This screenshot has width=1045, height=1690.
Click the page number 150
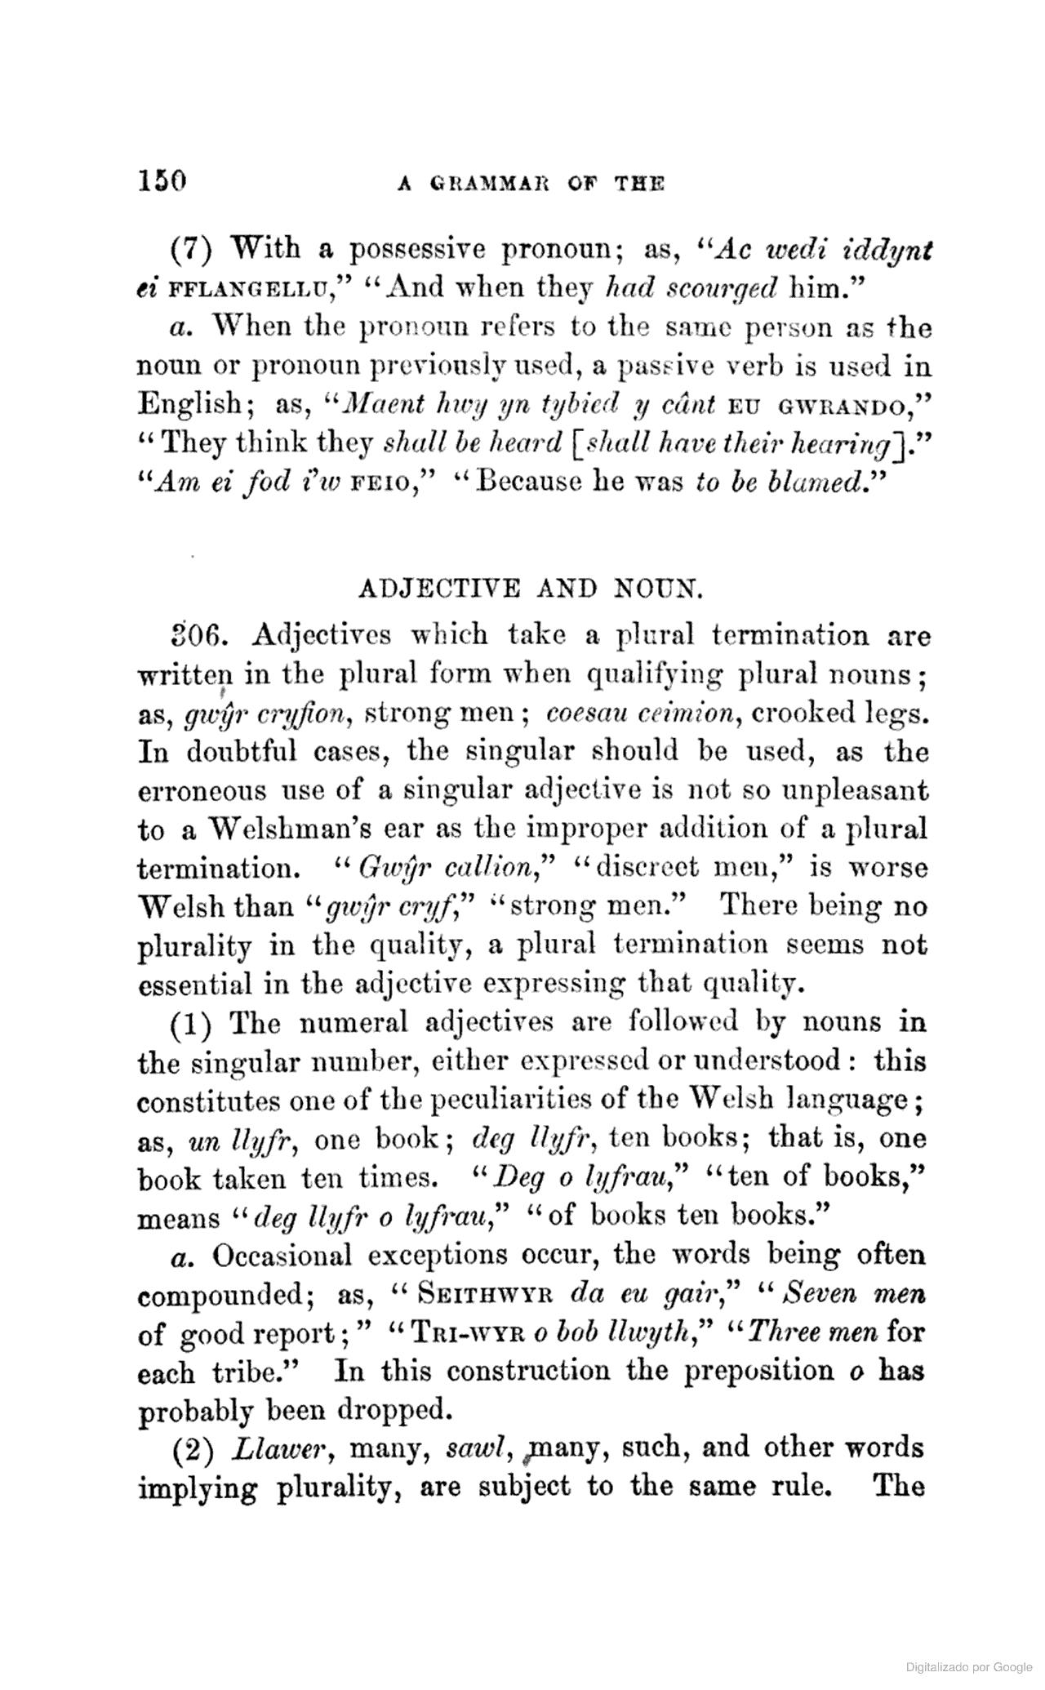pyautogui.click(x=162, y=180)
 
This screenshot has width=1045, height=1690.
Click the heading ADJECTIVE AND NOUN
pyautogui.click(x=530, y=588)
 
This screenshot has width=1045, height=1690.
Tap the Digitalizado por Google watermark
pyautogui.click(x=968, y=1666)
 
